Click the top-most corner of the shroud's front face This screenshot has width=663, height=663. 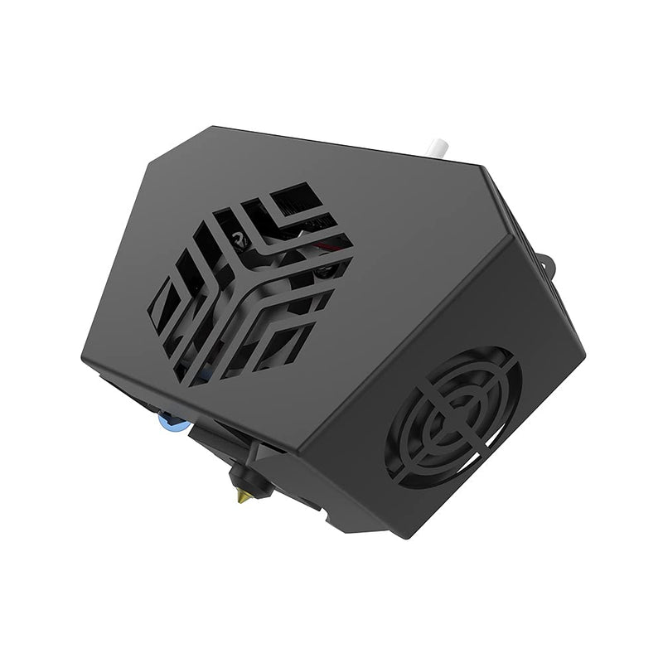point(192,126)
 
